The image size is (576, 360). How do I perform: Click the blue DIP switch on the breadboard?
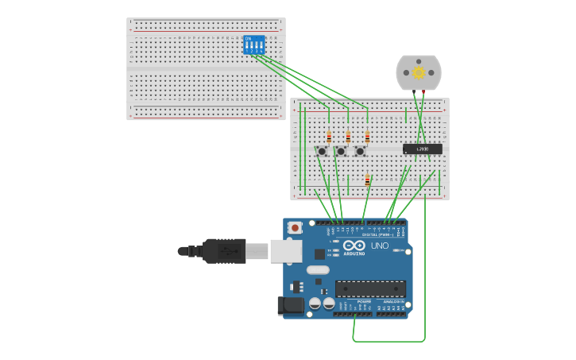pos(253,45)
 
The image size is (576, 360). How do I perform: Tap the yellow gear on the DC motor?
pos(419,72)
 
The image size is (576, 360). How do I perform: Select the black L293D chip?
pos(422,149)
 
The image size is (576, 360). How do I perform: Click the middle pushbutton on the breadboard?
pos(341,151)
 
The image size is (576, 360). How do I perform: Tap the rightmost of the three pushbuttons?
pos(360,151)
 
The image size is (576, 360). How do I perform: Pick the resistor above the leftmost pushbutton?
pos(329,137)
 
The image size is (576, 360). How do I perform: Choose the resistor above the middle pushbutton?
pos(348,137)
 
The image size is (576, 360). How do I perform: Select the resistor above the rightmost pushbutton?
pos(367,137)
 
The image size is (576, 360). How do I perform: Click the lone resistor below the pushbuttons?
pos(367,180)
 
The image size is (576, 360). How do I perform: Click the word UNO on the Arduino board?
pos(380,246)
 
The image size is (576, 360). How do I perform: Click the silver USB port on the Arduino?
pos(285,251)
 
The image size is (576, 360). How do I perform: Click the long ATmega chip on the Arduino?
pos(370,288)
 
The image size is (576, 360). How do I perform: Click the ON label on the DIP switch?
pos(249,38)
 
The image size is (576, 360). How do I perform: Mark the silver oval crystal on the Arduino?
pos(317,270)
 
